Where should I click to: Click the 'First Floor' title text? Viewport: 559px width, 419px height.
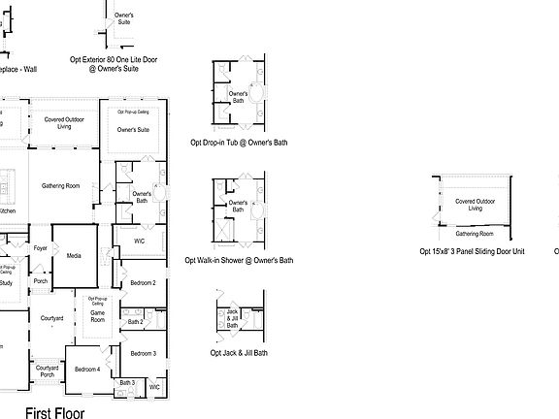54,412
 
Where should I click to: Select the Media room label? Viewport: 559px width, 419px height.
74,256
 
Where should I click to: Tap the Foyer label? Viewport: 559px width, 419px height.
40,248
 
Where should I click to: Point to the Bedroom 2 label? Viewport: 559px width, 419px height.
143,282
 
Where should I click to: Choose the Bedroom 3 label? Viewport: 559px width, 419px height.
143,353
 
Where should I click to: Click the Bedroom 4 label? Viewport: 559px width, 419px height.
87,369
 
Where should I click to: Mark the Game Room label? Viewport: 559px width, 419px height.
97,314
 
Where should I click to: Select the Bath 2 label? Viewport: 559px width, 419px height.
136,321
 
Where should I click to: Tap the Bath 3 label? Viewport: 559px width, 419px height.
127,382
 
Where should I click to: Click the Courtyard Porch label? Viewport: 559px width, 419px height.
47,371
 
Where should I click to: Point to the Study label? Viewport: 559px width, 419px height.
6,282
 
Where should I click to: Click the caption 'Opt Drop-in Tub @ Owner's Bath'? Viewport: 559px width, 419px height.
239,143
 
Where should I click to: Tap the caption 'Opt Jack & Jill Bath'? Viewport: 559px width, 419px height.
239,353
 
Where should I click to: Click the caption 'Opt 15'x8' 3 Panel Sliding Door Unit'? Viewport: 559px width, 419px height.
472,250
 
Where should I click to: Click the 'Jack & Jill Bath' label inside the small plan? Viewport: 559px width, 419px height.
232,319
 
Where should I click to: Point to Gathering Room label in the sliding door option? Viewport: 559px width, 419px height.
475,234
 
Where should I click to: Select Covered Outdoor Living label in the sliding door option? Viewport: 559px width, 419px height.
475,205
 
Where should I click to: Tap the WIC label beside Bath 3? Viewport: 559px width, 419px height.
153,387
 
